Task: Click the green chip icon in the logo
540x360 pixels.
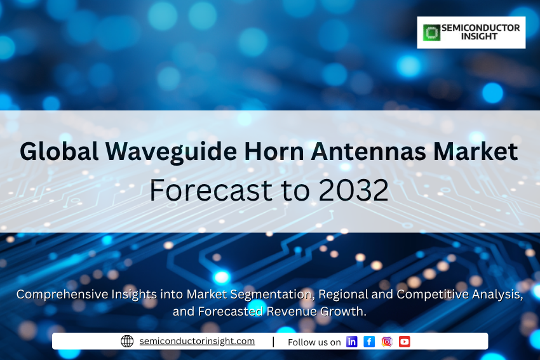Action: click(431, 32)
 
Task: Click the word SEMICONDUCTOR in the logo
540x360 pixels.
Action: click(480, 28)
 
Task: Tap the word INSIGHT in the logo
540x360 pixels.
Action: click(479, 36)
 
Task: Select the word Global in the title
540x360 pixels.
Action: click(59, 151)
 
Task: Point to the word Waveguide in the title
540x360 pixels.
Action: click(171, 152)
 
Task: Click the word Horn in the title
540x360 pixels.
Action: click(274, 152)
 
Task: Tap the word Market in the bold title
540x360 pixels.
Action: click(476, 152)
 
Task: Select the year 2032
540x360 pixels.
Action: click(353, 190)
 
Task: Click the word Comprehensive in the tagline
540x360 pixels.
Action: click(62, 295)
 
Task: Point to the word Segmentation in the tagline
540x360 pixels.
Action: click(272, 295)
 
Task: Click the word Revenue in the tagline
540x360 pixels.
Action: click(292, 311)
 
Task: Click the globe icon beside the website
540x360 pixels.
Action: click(127, 341)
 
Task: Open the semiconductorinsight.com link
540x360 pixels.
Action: click(197, 341)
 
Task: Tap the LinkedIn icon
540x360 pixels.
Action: click(351, 342)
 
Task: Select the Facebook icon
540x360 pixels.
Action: click(369, 342)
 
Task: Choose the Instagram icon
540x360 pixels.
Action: click(387, 342)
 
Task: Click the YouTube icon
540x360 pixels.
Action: click(405, 342)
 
